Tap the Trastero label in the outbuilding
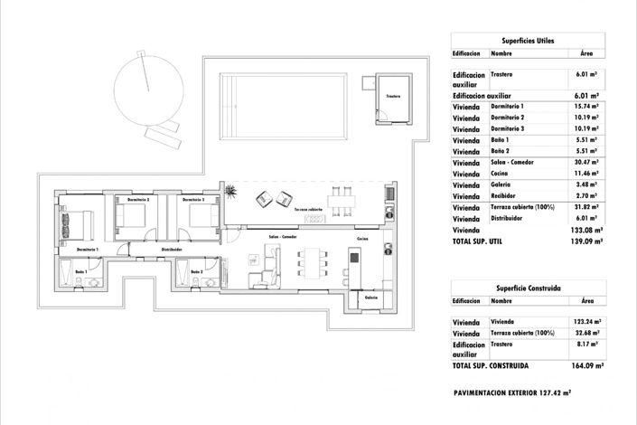pyautogui.click(x=393, y=96)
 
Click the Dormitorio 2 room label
pyautogui.click(x=138, y=199)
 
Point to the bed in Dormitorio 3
pyautogui.click(x=205, y=217)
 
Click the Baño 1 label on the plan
pyautogui.click(x=81, y=271)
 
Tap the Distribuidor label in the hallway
pyautogui.click(x=173, y=249)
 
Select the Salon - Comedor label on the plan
pyautogui.click(x=283, y=237)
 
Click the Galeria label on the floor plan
pyautogui.click(x=371, y=297)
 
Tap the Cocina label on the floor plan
pyautogui.click(x=362, y=239)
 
